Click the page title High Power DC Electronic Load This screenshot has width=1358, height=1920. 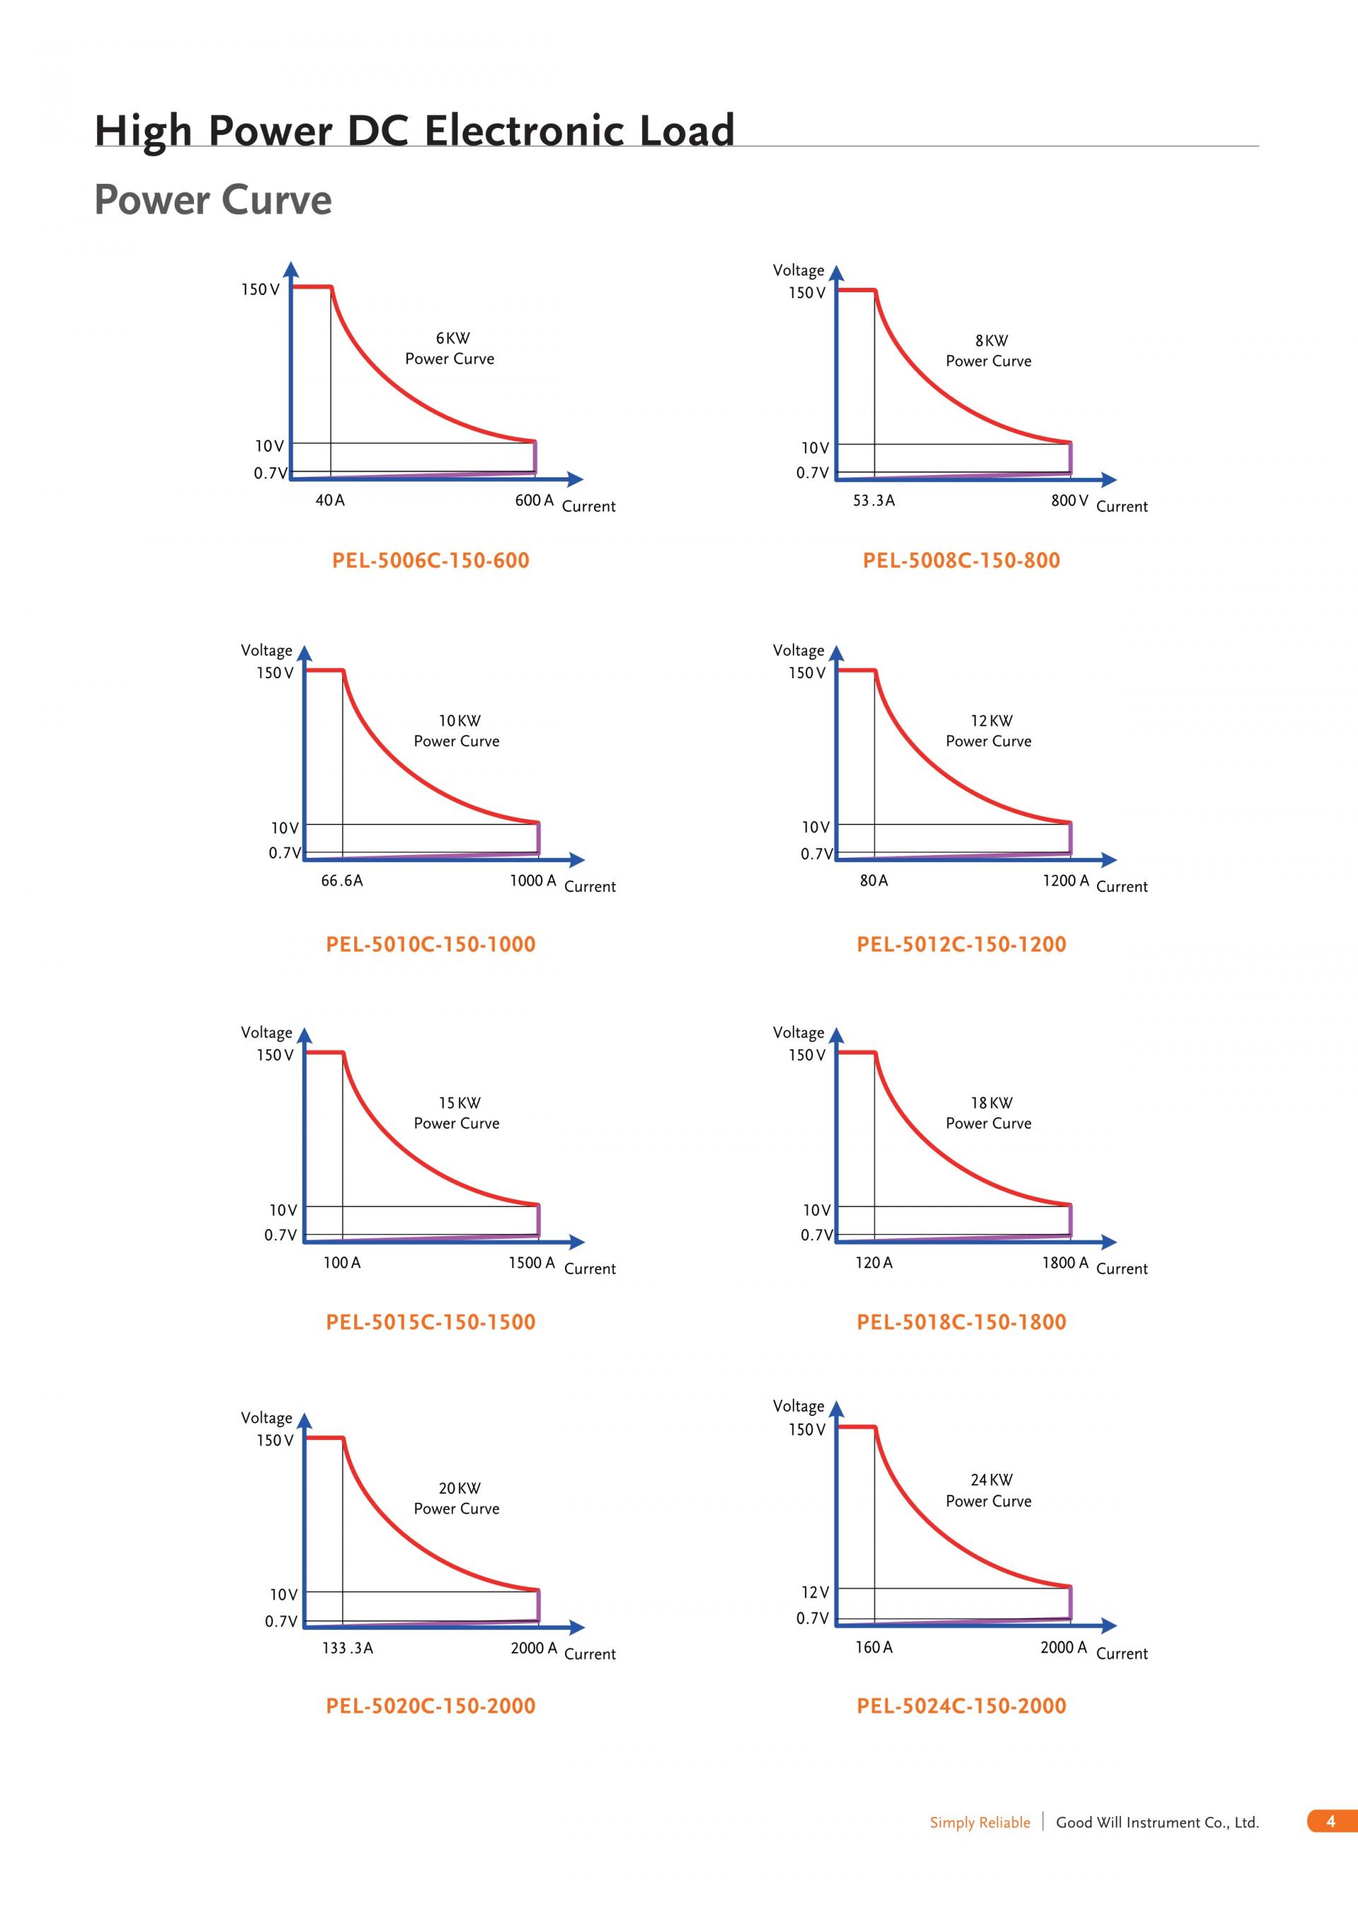pyautogui.click(x=414, y=132)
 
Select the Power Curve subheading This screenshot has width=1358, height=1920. pyautogui.click(x=212, y=201)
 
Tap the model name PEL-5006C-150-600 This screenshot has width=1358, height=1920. pyautogui.click(x=431, y=560)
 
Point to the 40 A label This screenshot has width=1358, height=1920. pyautogui.click(x=330, y=500)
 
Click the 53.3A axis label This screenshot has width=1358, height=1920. pyautogui.click(x=873, y=500)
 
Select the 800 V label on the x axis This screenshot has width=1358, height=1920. pyautogui.click(x=1069, y=500)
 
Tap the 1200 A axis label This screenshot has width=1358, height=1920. pyautogui.click(x=1064, y=880)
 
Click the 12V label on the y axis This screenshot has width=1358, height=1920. pyautogui.click(x=815, y=1592)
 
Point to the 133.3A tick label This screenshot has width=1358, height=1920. pyautogui.click(x=347, y=1648)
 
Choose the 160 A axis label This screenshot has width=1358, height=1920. pyautogui.click(x=873, y=1648)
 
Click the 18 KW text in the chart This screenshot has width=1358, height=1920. pyautogui.click(x=991, y=1103)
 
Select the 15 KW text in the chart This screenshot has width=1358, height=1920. pyautogui.click(x=459, y=1103)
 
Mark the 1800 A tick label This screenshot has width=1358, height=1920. pyautogui.click(x=1064, y=1263)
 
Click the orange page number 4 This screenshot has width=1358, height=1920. pyautogui.click(x=1330, y=1821)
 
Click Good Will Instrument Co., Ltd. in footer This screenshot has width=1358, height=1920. pyautogui.click(x=1156, y=1823)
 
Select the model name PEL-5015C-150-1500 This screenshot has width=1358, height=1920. pyautogui.click(x=431, y=1322)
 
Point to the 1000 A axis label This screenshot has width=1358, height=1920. pyautogui.click(x=533, y=880)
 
